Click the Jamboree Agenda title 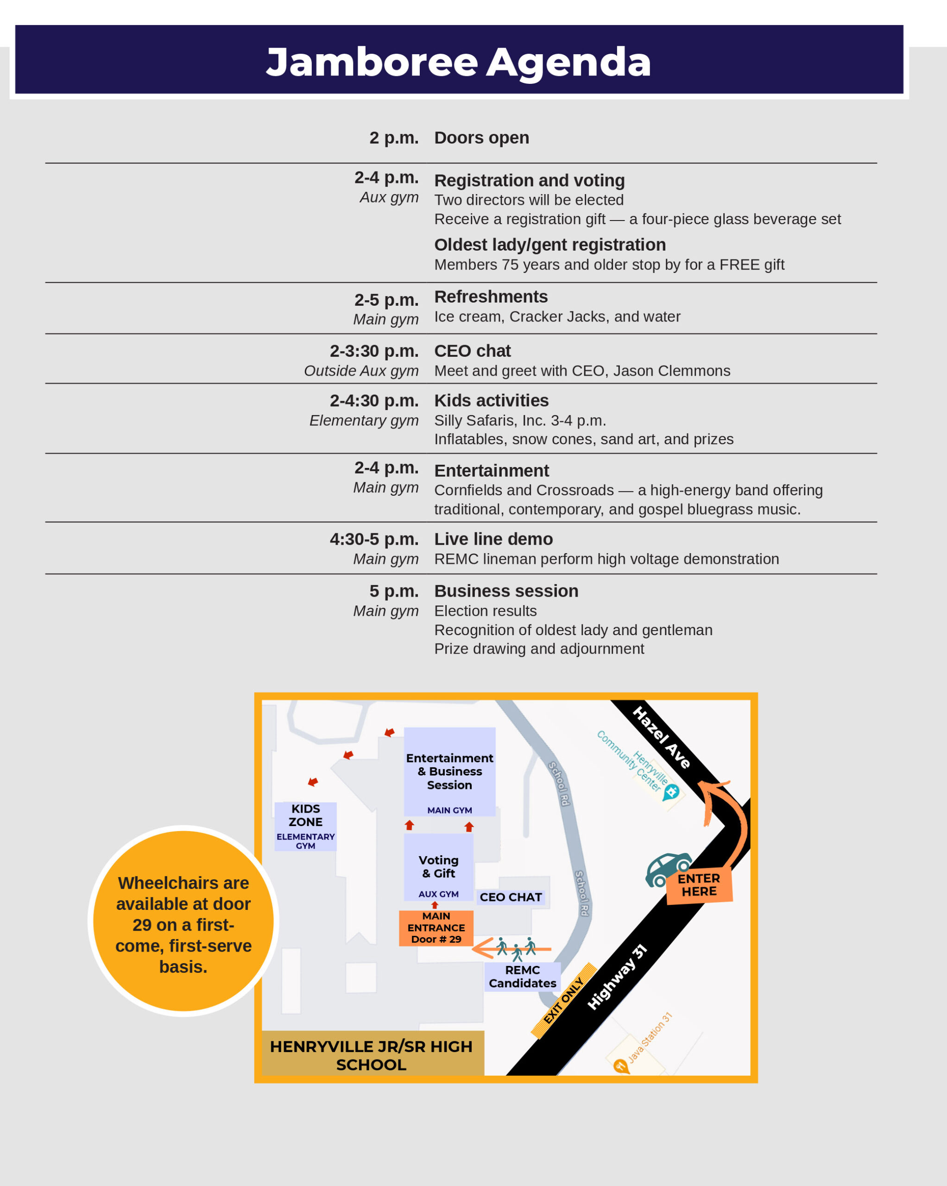pyautogui.click(x=458, y=62)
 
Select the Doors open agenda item pyautogui.click(x=481, y=138)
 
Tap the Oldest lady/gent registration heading pyautogui.click(x=549, y=245)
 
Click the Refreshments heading pyautogui.click(x=491, y=296)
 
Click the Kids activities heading pyautogui.click(x=492, y=400)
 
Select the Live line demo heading pyautogui.click(x=493, y=539)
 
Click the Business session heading pyautogui.click(x=506, y=591)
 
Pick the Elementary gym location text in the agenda pyautogui.click(x=364, y=420)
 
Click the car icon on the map pyautogui.click(x=668, y=870)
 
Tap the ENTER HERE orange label pyautogui.click(x=699, y=885)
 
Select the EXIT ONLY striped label pyautogui.click(x=563, y=1001)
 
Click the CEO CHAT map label pyautogui.click(x=511, y=897)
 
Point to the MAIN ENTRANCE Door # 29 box pyautogui.click(x=436, y=927)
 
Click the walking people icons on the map pyautogui.click(x=516, y=947)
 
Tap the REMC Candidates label pyautogui.click(x=522, y=977)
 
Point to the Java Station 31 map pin pyautogui.click(x=620, y=1066)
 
